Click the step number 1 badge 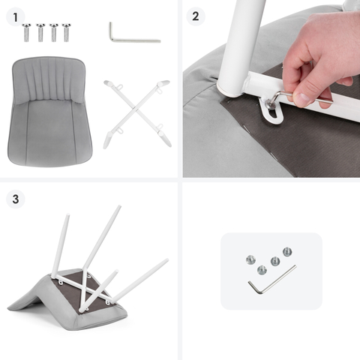pyautogui.click(x=16, y=17)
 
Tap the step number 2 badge pyautogui.click(x=196, y=16)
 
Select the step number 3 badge pyautogui.click(x=16, y=199)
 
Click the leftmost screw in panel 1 pyautogui.click(x=26, y=32)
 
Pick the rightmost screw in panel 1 pyautogui.click(x=66, y=32)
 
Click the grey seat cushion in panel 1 pyautogui.click(x=49, y=111)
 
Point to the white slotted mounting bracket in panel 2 pyautogui.click(x=271, y=111)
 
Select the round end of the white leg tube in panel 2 pyautogui.click(x=229, y=89)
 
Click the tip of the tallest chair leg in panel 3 pyautogui.click(x=119, y=207)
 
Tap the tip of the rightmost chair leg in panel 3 pyautogui.click(x=166, y=260)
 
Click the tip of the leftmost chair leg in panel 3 pyautogui.click(x=67, y=215)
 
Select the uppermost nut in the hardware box pyautogui.click(x=287, y=251)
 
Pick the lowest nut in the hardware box pyautogui.click(x=262, y=270)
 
